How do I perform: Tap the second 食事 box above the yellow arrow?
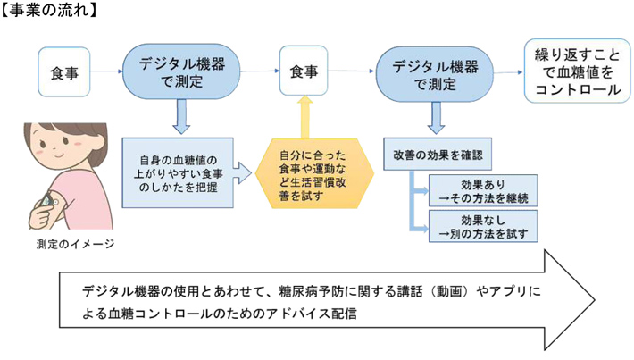click(304, 72)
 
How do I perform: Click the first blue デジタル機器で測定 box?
click(183, 72)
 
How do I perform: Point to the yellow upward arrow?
click(304, 118)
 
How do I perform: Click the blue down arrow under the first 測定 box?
click(182, 116)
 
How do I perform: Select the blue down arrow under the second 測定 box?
click(436, 116)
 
